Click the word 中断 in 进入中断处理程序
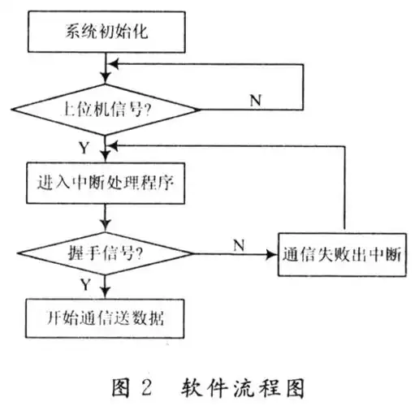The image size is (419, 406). [x=104, y=183]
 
